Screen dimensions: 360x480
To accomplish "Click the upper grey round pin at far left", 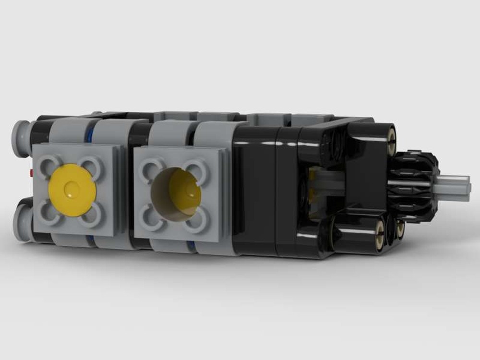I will coord(22,138).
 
